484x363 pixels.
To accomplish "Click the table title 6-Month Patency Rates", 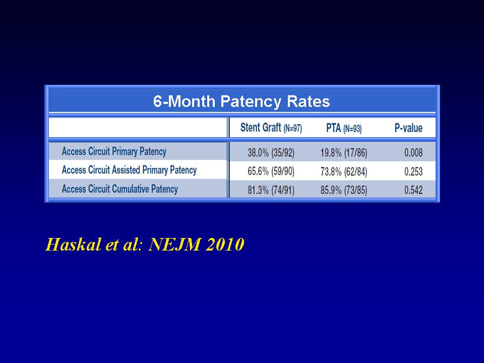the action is tap(241, 101).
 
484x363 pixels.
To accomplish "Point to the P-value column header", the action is tap(408, 128).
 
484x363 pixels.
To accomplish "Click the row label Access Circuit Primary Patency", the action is tap(114, 152).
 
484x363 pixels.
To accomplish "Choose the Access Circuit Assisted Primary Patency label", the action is tap(129, 170).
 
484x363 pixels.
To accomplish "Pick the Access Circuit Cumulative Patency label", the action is tap(120, 189).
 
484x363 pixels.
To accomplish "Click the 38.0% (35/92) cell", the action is tap(271, 153).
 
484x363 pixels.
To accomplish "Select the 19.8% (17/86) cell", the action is tap(343, 153).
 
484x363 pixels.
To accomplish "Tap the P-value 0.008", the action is tap(413, 152).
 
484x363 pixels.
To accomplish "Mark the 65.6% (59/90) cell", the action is tap(271, 171).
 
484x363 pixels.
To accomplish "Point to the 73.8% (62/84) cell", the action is tap(343, 171).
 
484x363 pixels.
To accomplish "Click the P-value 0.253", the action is tap(413, 171).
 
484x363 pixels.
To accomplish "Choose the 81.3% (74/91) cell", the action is tap(271, 190).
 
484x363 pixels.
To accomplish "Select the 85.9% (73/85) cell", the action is tap(343, 190).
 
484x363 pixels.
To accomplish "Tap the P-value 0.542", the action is tap(413, 190).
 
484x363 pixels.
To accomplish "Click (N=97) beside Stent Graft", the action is tap(292, 129).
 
